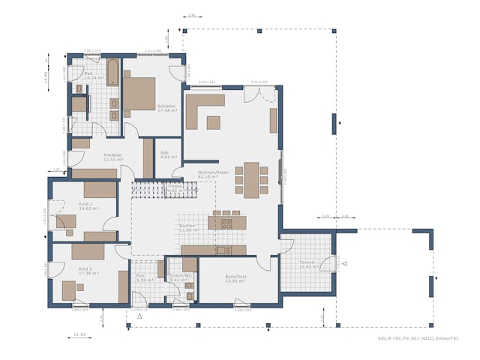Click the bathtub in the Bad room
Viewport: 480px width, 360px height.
pyautogui.click(x=112, y=73)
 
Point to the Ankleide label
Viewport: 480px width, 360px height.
pyautogui.click(x=112, y=157)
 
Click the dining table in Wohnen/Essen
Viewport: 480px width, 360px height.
pyautogui.click(x=251, y=180)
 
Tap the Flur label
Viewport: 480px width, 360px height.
pyautogui.click(x=141, y=277)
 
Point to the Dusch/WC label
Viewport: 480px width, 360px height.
pyautogui.click(x=181, y=277)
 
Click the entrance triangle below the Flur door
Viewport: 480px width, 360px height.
pyautogui.click(x=139, y=316)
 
